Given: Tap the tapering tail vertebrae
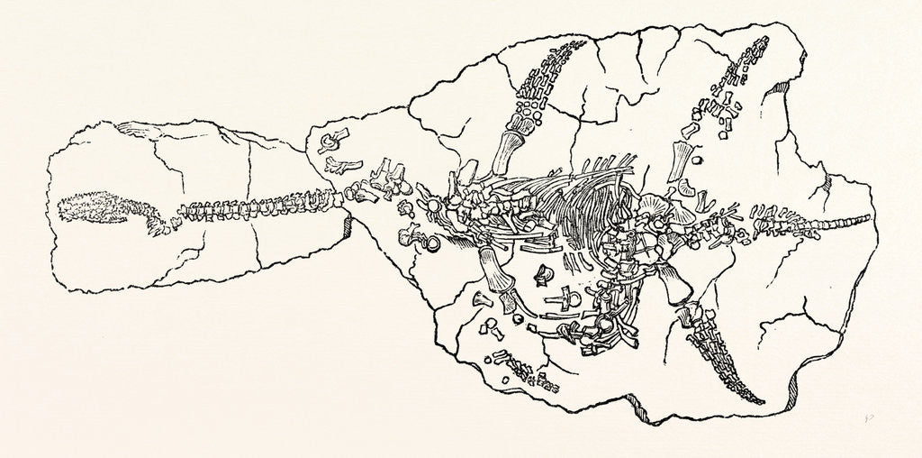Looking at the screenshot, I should (x=801, y=222).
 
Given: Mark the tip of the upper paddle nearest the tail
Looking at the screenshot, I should (x=764, y=40).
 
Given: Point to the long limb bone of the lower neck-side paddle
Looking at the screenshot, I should (x=493, y=274).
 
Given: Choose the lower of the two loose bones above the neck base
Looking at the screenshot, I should (x=340, y=165).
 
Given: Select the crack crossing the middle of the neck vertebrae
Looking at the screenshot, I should (x=253, y=213).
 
